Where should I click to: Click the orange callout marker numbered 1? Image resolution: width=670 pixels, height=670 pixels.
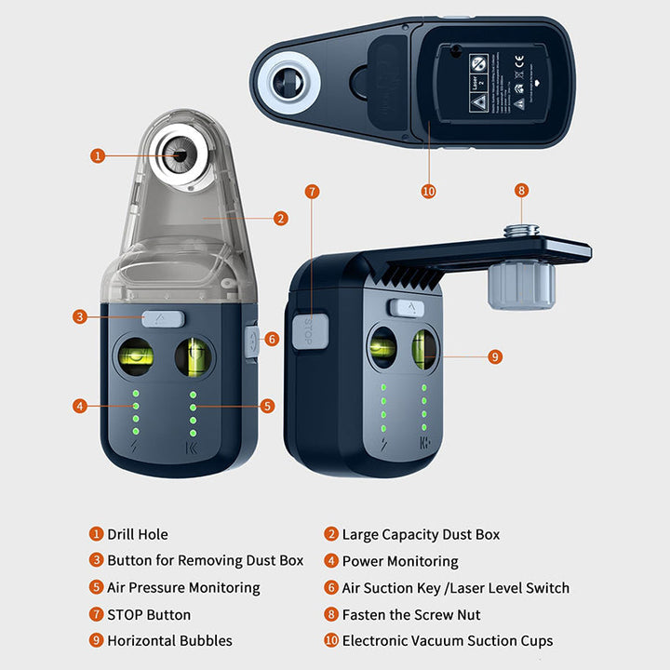pyautogui.click(x=98, y=155)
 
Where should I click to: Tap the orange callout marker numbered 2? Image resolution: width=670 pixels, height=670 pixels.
pyautogui.click(x=281, y=219)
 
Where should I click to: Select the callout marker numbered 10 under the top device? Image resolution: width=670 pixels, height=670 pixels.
pyautogui.click(x=428, y=191)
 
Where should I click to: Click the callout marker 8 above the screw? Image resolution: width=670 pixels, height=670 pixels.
pyautogui.click(x=521, y=190)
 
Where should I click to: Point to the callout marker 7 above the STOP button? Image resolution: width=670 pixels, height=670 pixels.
pyautogui.click(x=312, y=192)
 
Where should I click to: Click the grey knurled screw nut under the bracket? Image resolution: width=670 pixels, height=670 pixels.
pyautogui.click(x=521, y=283)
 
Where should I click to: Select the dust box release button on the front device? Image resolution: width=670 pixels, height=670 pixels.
pyautogui.click(x=163, y=318)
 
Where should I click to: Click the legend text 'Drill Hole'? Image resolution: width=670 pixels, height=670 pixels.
pyautogui.click(x=138, y=534)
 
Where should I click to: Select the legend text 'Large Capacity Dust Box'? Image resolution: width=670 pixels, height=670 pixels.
pyautogui.click(x=421, y=534)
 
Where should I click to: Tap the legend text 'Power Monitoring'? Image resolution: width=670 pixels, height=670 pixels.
pyautogui.click(x=400, y=561)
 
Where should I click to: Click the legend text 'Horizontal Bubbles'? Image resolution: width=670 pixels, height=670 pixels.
pyautogui.click(x=169, y=641)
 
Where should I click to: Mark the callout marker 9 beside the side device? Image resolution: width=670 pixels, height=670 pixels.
pyautogui.click(x=495, y=355)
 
